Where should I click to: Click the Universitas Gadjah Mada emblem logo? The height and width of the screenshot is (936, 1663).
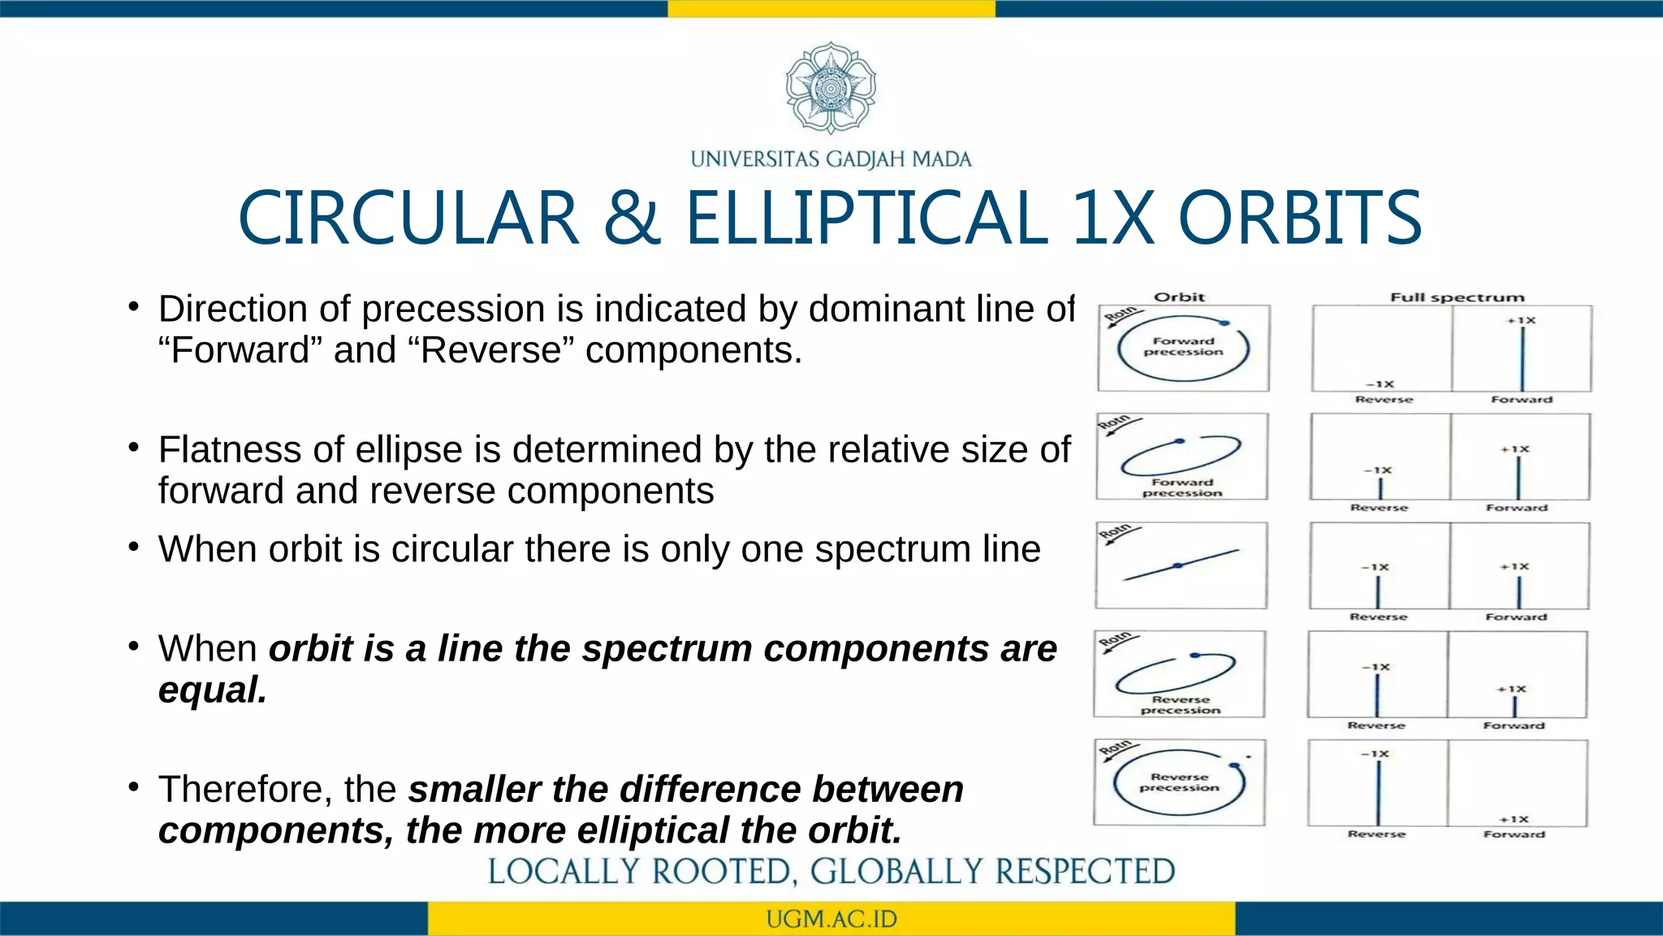831,88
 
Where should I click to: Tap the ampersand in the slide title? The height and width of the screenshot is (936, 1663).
633,218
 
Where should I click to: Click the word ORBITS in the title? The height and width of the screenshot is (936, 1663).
1299,218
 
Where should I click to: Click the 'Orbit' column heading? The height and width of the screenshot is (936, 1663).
1179,297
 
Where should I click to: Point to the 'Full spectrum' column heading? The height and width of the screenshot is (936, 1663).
1457,297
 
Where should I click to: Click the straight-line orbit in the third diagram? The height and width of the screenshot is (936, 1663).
1181,565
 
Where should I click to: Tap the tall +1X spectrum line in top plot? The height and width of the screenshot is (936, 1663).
1523,358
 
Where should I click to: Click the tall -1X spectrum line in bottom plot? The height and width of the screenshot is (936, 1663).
1378,792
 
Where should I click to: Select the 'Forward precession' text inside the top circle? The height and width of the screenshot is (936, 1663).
1183,347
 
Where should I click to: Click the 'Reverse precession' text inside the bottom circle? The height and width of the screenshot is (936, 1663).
1179,782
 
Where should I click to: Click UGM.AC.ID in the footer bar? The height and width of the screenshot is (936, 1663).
831,919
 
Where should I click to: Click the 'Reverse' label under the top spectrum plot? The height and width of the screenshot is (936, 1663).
1384,400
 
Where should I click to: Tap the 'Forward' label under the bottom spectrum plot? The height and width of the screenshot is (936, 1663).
1514,834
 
